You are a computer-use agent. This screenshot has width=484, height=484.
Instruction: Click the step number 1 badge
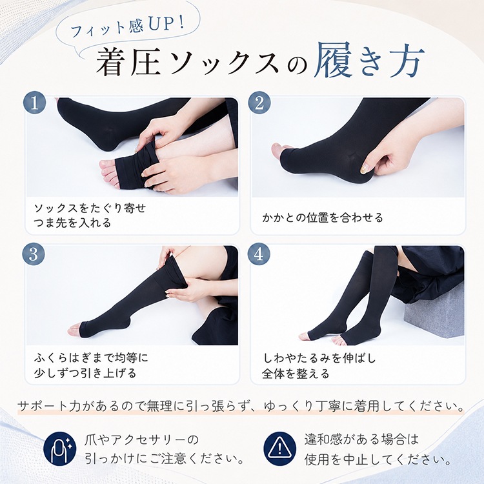[35, 103]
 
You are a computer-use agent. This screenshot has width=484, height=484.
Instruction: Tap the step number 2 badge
[259, 103]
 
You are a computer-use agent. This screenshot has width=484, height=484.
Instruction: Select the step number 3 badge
[34, 254]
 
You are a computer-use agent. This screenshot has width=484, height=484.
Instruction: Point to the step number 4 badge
[259, 254]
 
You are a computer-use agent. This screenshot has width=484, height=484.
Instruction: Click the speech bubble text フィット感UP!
[127, 28]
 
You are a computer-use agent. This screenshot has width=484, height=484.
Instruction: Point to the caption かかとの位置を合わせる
[322, 218]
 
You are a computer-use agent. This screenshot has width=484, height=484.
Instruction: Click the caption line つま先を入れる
[72, 223]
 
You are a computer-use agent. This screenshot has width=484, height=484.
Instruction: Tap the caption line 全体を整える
[296, 374]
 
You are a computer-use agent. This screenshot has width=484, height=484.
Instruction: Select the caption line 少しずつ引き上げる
[85, 373]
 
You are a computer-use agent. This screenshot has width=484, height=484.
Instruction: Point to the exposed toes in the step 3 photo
[76, 328]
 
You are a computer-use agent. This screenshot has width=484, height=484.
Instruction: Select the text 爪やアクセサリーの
[141, 439]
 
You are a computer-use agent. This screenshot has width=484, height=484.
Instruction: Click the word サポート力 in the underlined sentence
[50, 406]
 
